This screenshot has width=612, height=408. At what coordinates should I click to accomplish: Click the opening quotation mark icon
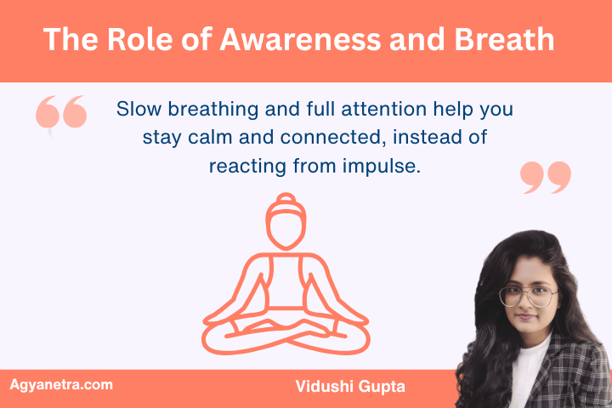click(x=61, y=115)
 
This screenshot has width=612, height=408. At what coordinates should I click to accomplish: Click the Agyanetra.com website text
click(x=60, y=385)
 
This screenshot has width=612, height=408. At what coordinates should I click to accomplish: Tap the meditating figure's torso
click(x=286, y=280)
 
